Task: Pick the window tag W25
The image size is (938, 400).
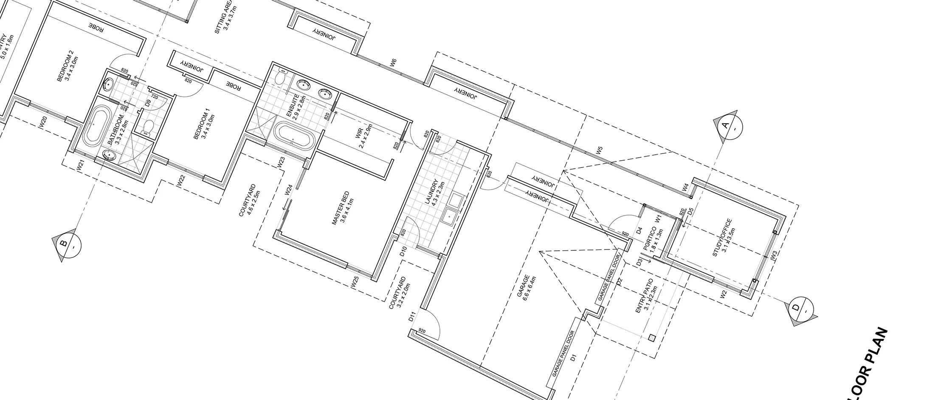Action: tap(356, 283)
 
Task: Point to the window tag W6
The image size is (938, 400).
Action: tap(393, 63)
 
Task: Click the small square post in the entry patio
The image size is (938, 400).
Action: tap(652, 338)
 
